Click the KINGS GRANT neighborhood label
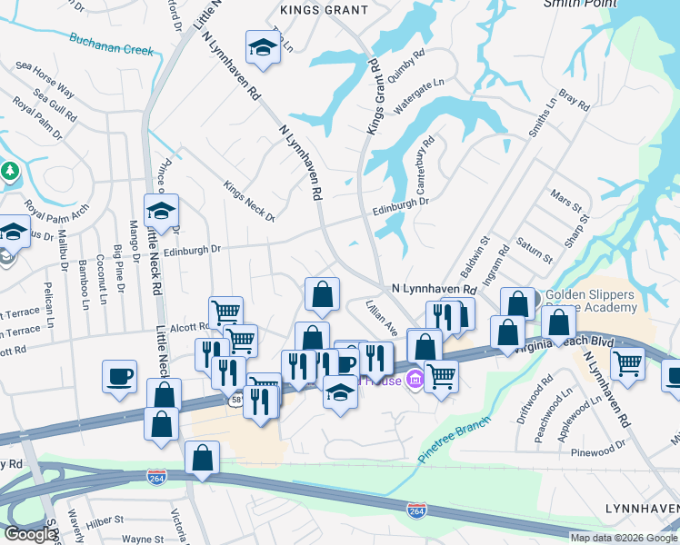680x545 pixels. coord(325,10)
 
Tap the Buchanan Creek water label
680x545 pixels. coord(111,45)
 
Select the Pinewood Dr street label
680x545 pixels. coord(598,451)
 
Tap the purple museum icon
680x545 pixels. coord(415,378)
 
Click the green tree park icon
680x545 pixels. coord(10,170)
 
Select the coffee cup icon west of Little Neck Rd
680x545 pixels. coord(119,377)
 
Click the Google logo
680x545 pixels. coord(29,535)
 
